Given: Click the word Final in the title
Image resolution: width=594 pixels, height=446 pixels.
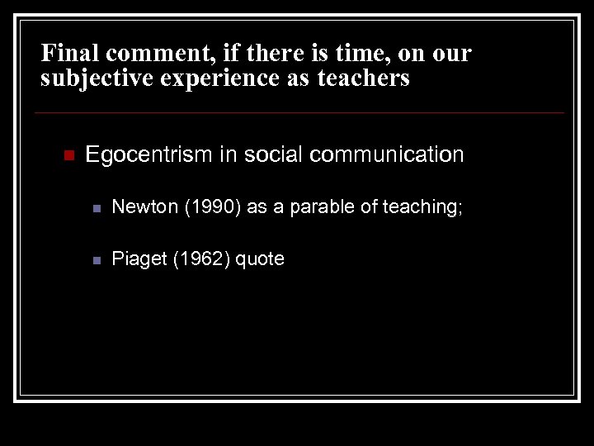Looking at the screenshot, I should tap(67, 54).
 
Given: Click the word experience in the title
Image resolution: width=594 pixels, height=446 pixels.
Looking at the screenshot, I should tap(211, 79).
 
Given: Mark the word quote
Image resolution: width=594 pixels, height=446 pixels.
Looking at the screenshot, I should tap(260, 259).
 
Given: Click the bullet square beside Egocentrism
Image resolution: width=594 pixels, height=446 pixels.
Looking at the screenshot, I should tap(68, 155).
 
